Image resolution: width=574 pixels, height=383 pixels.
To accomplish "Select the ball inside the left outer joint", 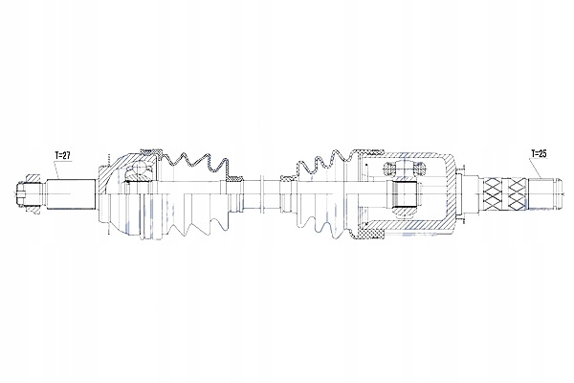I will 141,171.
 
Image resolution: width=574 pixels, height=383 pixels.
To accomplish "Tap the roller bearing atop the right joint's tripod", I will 399,169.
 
